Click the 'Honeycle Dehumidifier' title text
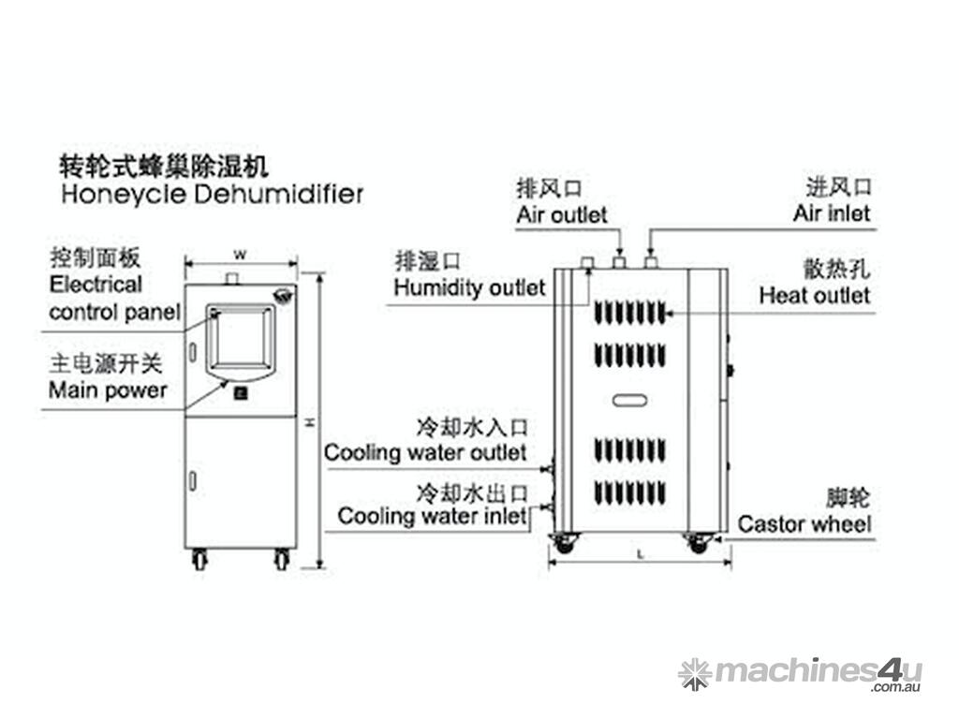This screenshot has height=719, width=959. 212,195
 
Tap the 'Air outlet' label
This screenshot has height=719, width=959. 562,214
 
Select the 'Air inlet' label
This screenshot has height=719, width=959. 832,213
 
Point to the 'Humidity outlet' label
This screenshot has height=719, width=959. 469,286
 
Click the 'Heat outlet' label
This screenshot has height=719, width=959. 814,296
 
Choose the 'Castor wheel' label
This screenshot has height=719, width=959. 804,523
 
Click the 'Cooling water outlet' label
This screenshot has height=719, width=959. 425,453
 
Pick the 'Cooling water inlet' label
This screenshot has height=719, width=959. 433,516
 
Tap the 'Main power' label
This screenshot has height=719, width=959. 108,389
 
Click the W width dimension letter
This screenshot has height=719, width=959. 240,255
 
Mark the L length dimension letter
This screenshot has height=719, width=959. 640,555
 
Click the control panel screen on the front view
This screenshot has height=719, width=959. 240,337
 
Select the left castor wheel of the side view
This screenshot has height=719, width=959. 564,541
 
